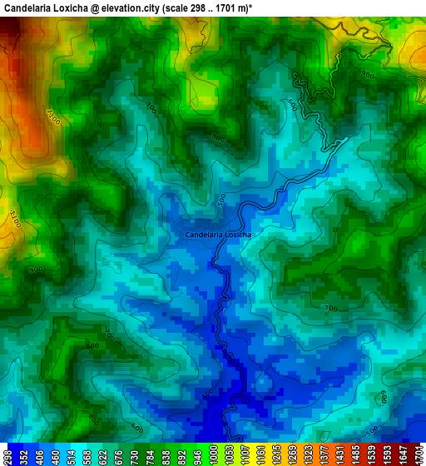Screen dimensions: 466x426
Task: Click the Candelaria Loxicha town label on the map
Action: (218, 235)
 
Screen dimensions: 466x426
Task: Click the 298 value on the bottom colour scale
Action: (7, 454)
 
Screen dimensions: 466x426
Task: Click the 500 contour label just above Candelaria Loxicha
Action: (221, 201)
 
